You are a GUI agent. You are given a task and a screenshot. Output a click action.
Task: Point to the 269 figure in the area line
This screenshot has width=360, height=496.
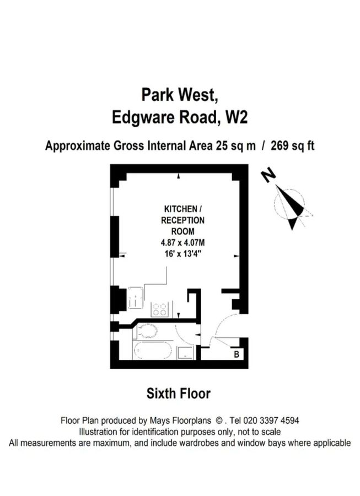[281, 146]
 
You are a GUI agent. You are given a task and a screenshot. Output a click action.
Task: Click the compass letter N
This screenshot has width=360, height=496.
[269, 176]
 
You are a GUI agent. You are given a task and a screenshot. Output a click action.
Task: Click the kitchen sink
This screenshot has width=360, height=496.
[135, 302]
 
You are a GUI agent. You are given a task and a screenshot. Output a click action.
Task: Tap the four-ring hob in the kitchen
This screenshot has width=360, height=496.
[160, 309]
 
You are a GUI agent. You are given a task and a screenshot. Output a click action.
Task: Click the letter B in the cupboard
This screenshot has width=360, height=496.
[237, 354]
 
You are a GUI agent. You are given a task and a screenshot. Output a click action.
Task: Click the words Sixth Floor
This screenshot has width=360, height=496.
[179, 394]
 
